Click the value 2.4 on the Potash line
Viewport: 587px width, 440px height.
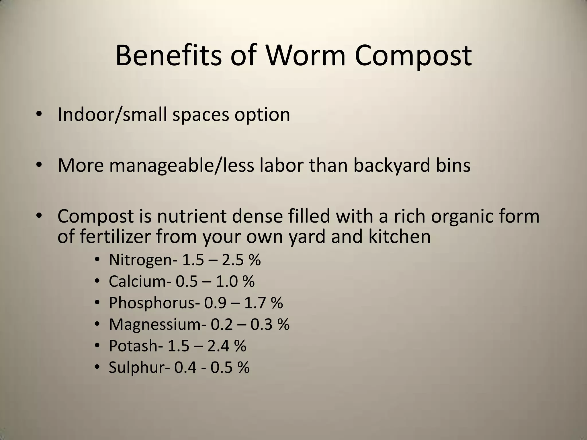(218, 346)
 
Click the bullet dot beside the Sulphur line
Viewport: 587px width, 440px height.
(97, 367)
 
